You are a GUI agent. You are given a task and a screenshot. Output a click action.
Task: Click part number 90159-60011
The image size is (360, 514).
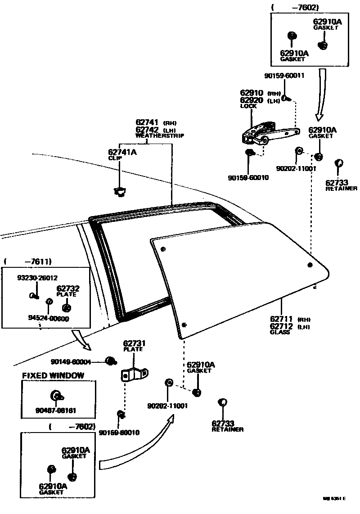coord(284,76)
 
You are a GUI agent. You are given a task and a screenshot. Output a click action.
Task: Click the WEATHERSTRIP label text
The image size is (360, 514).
coord(159,135)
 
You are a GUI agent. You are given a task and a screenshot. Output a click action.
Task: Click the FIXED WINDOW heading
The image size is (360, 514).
coord(53,375)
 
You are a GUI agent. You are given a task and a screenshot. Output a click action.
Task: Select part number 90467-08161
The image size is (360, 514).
coord(56,410)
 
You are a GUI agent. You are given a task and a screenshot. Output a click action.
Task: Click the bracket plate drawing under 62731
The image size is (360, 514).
coord(135,374)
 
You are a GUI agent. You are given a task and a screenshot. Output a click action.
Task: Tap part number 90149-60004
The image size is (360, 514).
coord(72,361)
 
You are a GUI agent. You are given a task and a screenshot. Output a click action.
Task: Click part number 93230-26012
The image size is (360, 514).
coord(37,278)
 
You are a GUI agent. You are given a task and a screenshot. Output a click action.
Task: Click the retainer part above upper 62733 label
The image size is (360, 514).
coord(340,163)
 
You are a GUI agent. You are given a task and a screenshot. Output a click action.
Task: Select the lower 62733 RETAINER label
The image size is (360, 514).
coord(227,426)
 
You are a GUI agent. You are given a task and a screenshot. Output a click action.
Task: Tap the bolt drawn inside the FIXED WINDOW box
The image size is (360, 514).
coord(57,396)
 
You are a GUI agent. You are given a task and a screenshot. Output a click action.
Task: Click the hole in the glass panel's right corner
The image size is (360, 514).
coord(310,265)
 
